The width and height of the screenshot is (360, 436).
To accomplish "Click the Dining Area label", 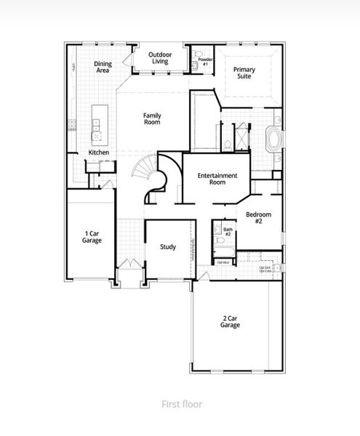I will click(103, 68).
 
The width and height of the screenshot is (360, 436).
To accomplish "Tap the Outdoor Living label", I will click(160, 58).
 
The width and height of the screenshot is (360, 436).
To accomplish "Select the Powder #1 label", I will click(204, 62).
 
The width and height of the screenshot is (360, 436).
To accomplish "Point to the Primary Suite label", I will click(244, 72).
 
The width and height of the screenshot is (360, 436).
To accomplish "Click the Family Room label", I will click(152, 119).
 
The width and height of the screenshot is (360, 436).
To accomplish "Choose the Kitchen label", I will click(99, 152).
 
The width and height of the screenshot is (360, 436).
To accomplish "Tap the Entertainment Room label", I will click(217, 179).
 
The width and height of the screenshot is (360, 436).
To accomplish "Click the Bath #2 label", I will click(227, 233).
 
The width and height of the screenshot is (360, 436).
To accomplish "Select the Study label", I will click(168, 247).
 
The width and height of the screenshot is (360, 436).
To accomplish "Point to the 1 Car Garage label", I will click(92, 236).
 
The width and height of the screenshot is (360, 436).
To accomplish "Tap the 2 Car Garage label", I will click(231, 321).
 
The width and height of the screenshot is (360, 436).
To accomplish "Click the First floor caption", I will click(182, 403).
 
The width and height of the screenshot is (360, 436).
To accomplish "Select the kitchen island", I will click(97, 124).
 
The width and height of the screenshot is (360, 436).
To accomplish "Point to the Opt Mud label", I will click(222, 262).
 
